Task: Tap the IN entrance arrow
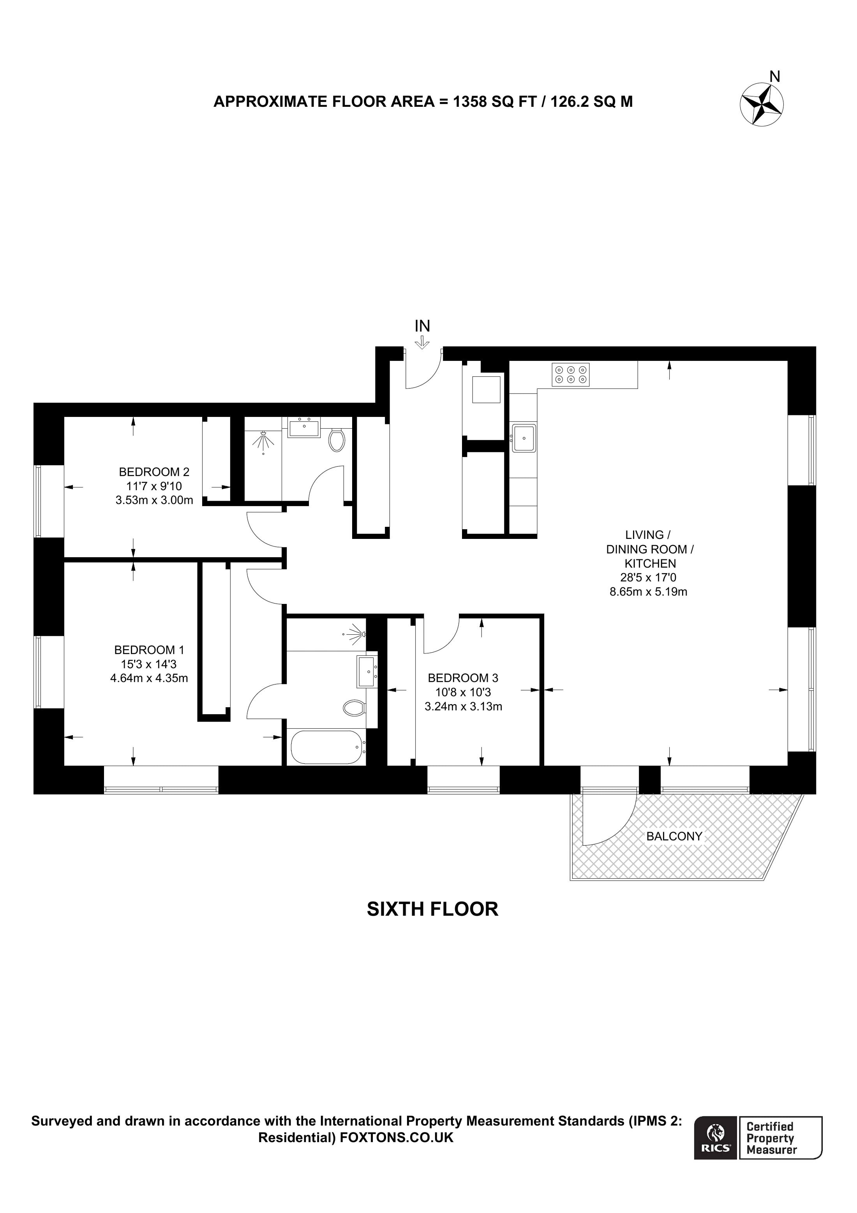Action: coord(422,343)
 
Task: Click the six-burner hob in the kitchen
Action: coord(570,374)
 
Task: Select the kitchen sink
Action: coord(523,438)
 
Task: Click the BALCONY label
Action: coord(674,836)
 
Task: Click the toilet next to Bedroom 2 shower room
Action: coord(336,440)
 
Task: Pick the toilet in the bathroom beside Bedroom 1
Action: coord(354,707)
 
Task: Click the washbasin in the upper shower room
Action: coord(303,427)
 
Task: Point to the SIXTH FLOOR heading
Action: coord(432,909)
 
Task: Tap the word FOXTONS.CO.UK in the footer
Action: coord(397,1137)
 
